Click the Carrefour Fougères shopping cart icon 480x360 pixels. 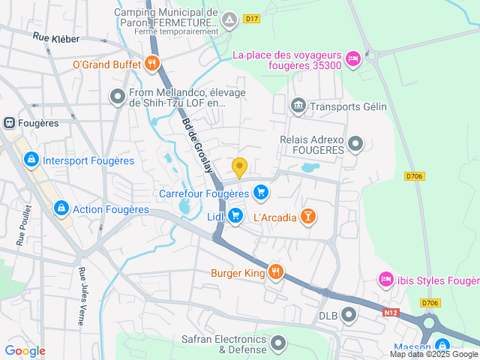260,193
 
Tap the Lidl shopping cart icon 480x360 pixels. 235,216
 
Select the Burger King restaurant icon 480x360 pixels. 276,272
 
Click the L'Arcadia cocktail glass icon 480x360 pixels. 307,217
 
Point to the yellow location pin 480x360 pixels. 239,167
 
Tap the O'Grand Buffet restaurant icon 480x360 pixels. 152,64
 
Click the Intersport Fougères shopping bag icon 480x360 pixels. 31,160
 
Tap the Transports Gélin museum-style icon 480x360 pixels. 298,106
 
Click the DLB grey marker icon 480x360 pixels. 349,315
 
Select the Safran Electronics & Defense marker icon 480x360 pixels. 279,344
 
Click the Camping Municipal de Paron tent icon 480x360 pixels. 230,19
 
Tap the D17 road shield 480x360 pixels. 251,19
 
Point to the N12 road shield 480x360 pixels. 389,312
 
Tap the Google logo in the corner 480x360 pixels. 25,350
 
